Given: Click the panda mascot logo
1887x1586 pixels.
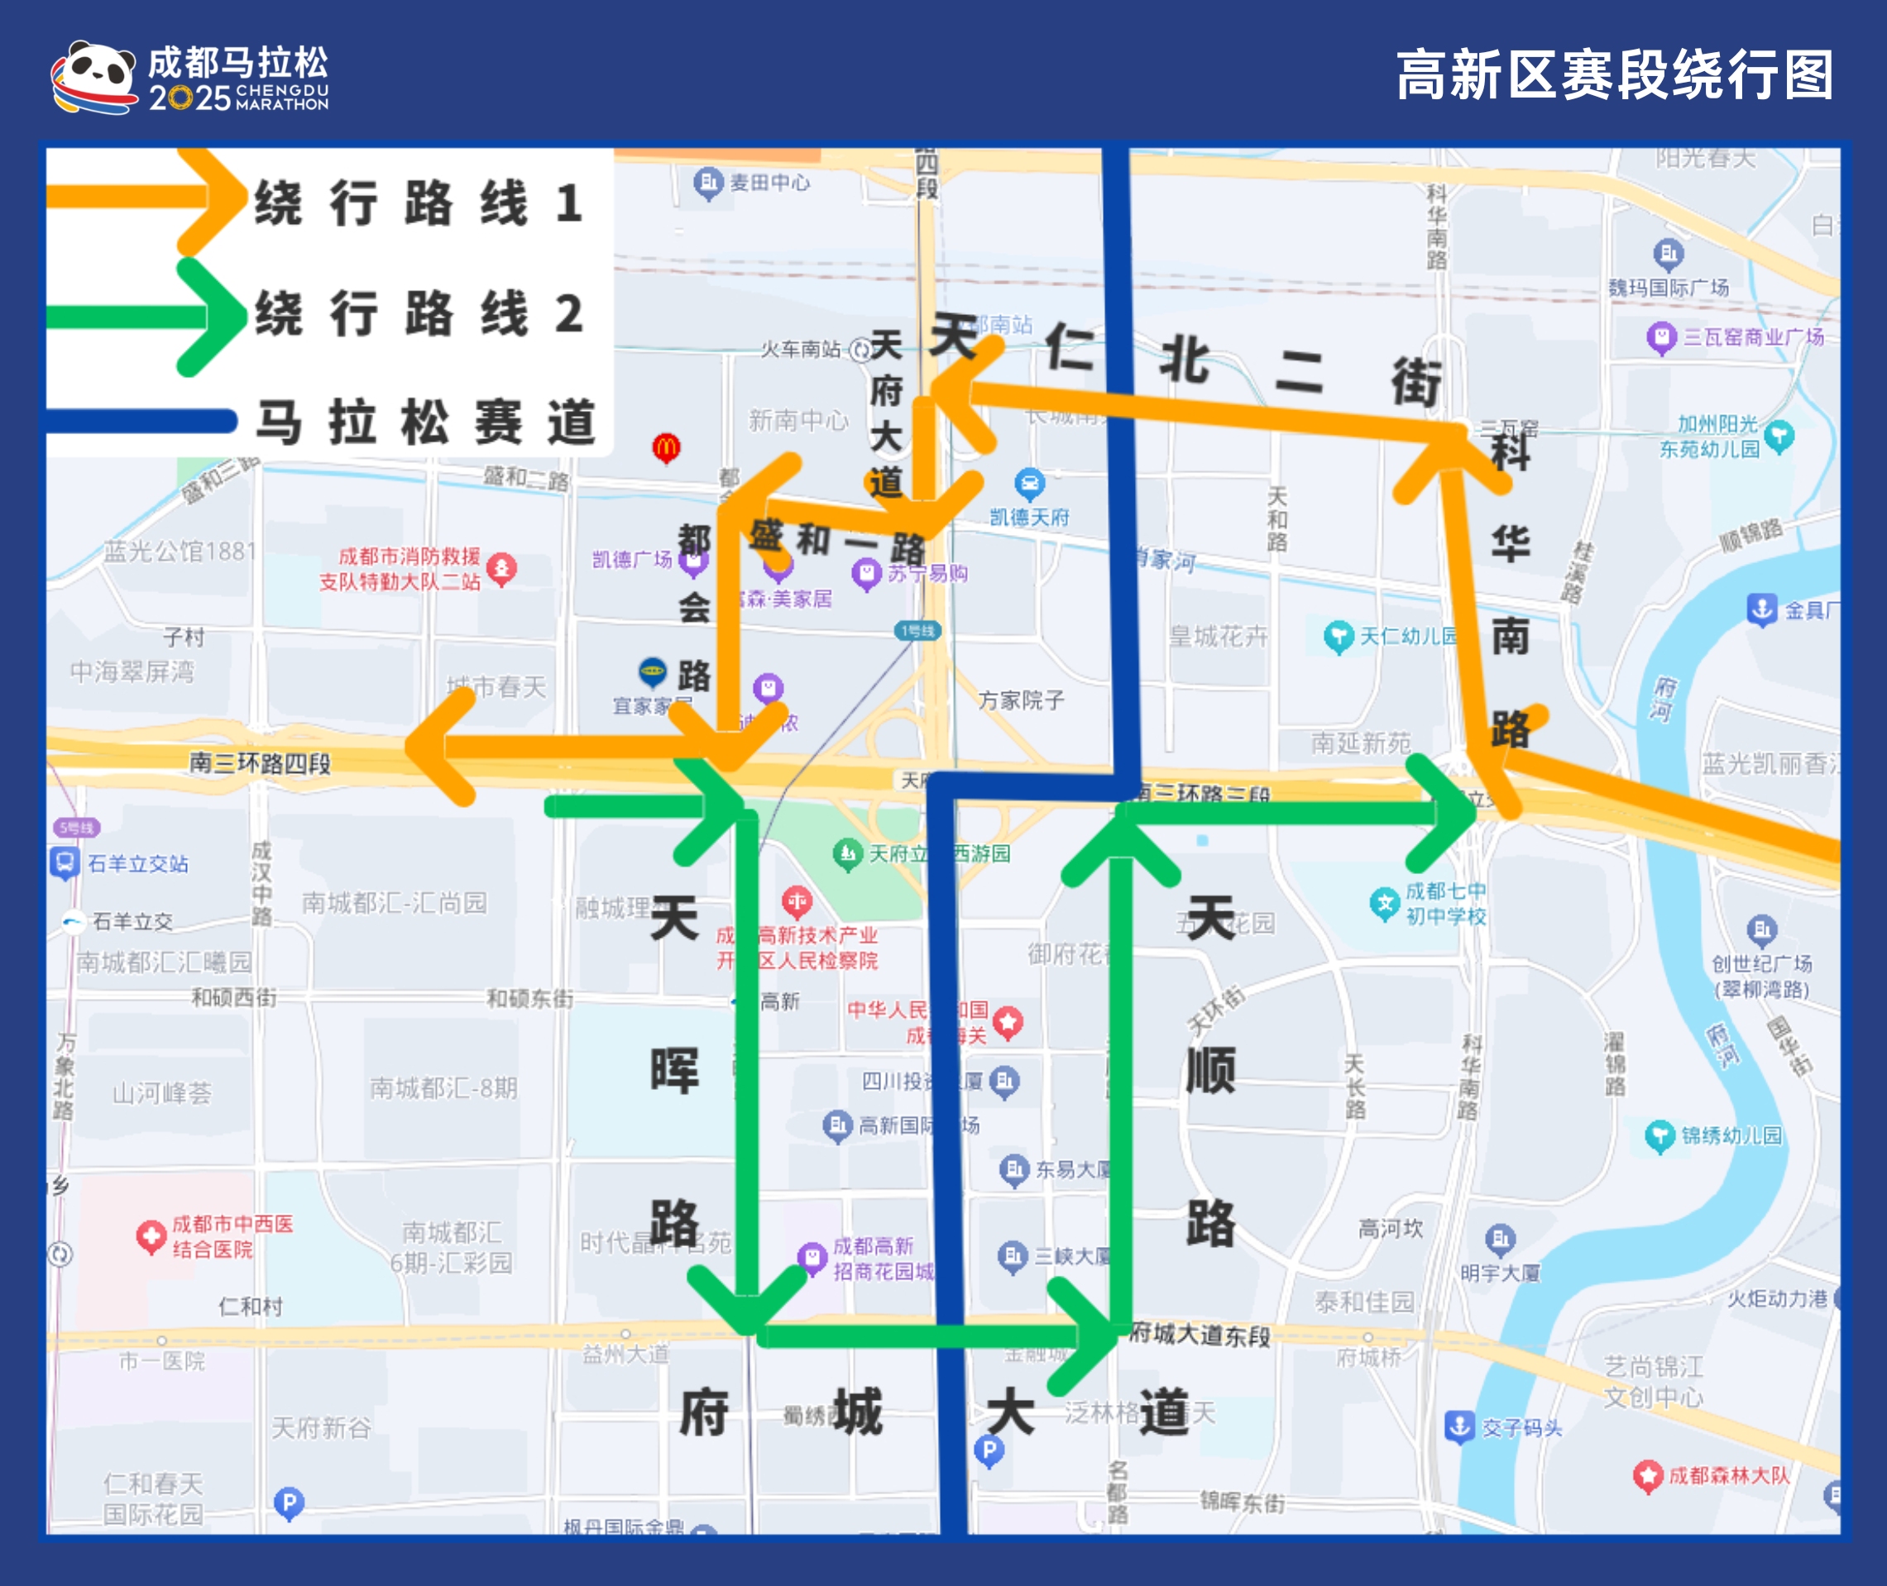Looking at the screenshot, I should [x=93, y=78].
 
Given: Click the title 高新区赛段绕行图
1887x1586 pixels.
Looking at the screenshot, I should [x=1615, y=75].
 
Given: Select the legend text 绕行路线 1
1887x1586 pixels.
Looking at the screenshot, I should [x=419, y=203].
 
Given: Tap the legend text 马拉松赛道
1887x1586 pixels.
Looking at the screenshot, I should [x=425, y=422].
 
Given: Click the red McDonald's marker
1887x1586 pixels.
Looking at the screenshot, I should [x=667, y=447].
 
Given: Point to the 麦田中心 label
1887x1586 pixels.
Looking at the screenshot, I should [x=769, y=183].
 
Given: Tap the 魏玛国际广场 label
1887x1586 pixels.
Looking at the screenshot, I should [x=1669, y=288].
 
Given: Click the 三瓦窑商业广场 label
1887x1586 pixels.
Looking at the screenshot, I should [x=1753, y=337].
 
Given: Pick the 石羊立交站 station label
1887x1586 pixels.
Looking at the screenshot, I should [x=137, y=864].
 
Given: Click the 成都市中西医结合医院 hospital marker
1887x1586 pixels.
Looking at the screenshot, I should [x=151, y=1237].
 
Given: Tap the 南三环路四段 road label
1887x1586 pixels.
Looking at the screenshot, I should [x=260, y=763].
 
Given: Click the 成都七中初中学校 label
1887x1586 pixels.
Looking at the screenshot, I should [x=1445, y=904].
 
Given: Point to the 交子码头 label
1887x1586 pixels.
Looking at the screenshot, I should [x=1522, y=1428].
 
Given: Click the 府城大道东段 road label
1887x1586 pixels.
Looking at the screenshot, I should [x=1200, y=1335].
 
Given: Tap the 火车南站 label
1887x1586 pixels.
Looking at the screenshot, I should [x=801, y=349].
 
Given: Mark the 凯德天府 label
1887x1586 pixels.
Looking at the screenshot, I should [x=1030, y=517].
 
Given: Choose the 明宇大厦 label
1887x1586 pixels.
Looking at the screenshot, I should [x=1500, y=1273].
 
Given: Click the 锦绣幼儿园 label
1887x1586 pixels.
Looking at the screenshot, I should [x=1731, y=1135].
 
